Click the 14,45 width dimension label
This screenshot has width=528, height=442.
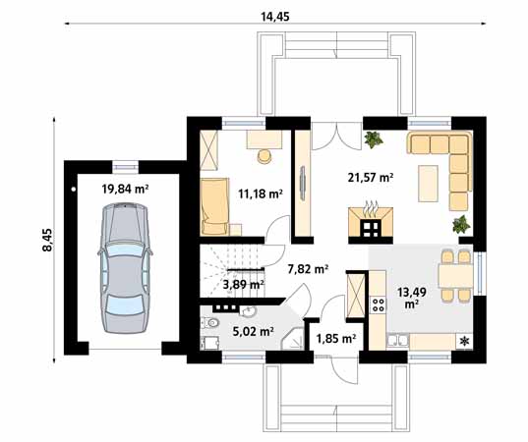point(274,17)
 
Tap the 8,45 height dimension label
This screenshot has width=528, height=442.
point(47,240)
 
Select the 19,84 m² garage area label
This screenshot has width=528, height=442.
point(125,189)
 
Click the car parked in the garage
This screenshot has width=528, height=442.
point(125,267)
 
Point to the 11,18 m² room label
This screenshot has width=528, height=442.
point(261,193)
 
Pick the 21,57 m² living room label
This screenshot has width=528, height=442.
point(371,177)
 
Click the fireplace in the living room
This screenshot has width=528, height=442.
point(371,222)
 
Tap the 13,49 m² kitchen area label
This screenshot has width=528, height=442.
point(412,298)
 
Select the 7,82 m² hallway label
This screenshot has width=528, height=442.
point(308,269)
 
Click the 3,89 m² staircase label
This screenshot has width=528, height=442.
point(243,285)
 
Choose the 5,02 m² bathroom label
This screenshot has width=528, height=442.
point(253,331)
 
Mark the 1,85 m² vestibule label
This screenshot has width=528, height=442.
point(336,338)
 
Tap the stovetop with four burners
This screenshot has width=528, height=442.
point(378,305)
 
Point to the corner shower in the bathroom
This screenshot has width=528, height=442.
point(293,339)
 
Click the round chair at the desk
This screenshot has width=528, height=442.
point(264,156)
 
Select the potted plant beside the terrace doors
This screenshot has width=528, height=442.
point(373,139)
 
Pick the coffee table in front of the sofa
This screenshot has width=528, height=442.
point(428,184)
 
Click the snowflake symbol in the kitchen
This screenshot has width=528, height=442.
point(464,342)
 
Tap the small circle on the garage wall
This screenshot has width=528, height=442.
point(74,190)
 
